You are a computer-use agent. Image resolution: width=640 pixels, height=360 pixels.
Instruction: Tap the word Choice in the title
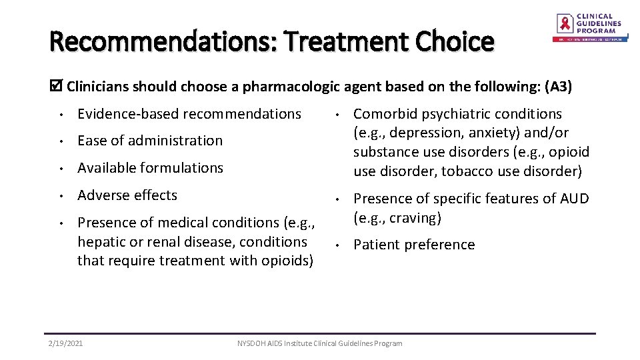coord(455,42)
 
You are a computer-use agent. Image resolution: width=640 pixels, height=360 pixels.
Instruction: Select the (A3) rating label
coord(558,86)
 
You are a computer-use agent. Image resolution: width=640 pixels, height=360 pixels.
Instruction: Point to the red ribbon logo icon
coord(565,24)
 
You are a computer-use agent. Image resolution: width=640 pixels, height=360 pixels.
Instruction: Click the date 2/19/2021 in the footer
coord(66,343)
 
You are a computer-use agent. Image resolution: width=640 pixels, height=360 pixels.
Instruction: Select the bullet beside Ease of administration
coord(61,141)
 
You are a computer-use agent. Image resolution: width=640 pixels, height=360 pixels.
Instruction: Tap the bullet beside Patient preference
coord(337,245)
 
